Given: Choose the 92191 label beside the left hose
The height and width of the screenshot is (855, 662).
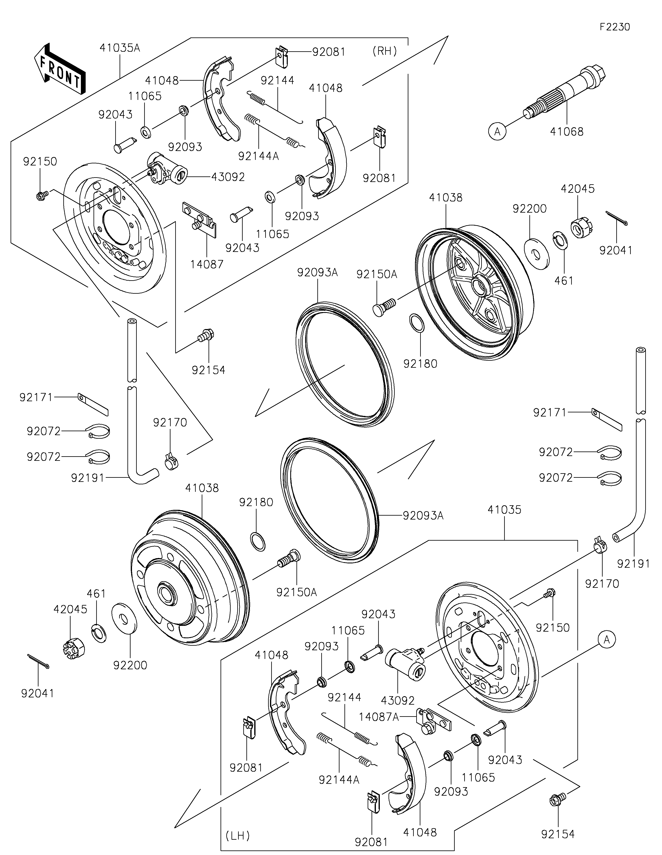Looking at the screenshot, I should tap(88, 478).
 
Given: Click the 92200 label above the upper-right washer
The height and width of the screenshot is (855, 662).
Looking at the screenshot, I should tap(529, 209).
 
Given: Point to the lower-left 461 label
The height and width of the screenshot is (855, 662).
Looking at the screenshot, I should tap(96, 594).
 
